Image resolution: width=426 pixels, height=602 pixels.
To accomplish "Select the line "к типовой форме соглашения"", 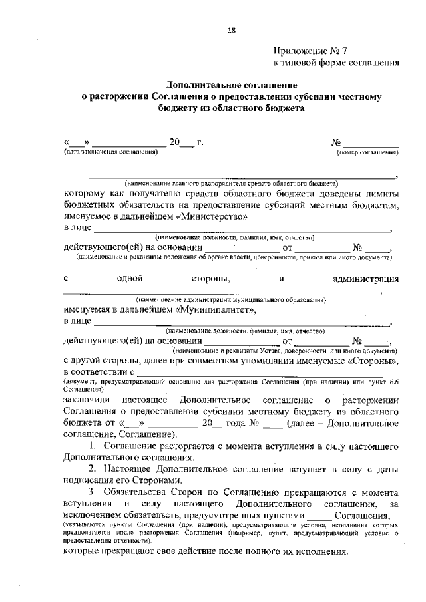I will tap(337, 63).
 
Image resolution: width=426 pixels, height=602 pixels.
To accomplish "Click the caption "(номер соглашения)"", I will tap(368, 152).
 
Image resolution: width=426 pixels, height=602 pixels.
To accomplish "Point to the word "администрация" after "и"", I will tap(365, 279).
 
